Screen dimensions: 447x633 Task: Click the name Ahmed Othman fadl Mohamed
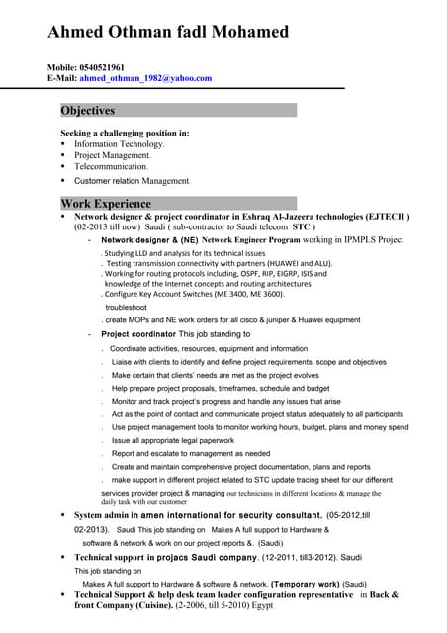click(x=168, y=32)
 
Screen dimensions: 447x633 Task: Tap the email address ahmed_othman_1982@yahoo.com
click(x=145, y=78)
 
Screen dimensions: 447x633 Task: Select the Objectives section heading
click(x=88, y=111)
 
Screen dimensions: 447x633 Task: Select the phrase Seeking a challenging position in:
click(x=125, y=133)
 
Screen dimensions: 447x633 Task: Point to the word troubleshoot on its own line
click(x=126, y=307)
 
